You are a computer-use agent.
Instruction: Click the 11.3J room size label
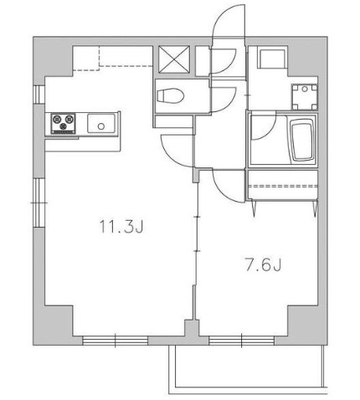tap(121, 226)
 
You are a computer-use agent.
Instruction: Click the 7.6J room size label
tap(263, 264)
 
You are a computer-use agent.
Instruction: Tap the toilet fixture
tap(171, 95)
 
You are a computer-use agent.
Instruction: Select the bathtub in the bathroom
tap(301, 140)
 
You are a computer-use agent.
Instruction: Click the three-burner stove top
tap(63, 123)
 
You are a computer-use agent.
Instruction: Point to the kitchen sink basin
tap(101, 123)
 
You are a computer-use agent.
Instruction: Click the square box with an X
tap(174, 59)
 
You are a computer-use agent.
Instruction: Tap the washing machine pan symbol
tap(305, 97)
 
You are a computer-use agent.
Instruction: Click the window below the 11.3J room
tap(115, 341)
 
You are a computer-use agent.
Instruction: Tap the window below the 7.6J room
tap(241, 341)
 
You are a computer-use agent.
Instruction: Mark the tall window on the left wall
tap(39, 203)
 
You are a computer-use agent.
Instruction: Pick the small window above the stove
tap(39, 94)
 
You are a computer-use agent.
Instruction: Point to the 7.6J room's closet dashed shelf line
tap(283, 186)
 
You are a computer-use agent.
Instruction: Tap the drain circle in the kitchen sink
tap(101, 126)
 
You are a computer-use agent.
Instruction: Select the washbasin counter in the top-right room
tap(273, 58)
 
